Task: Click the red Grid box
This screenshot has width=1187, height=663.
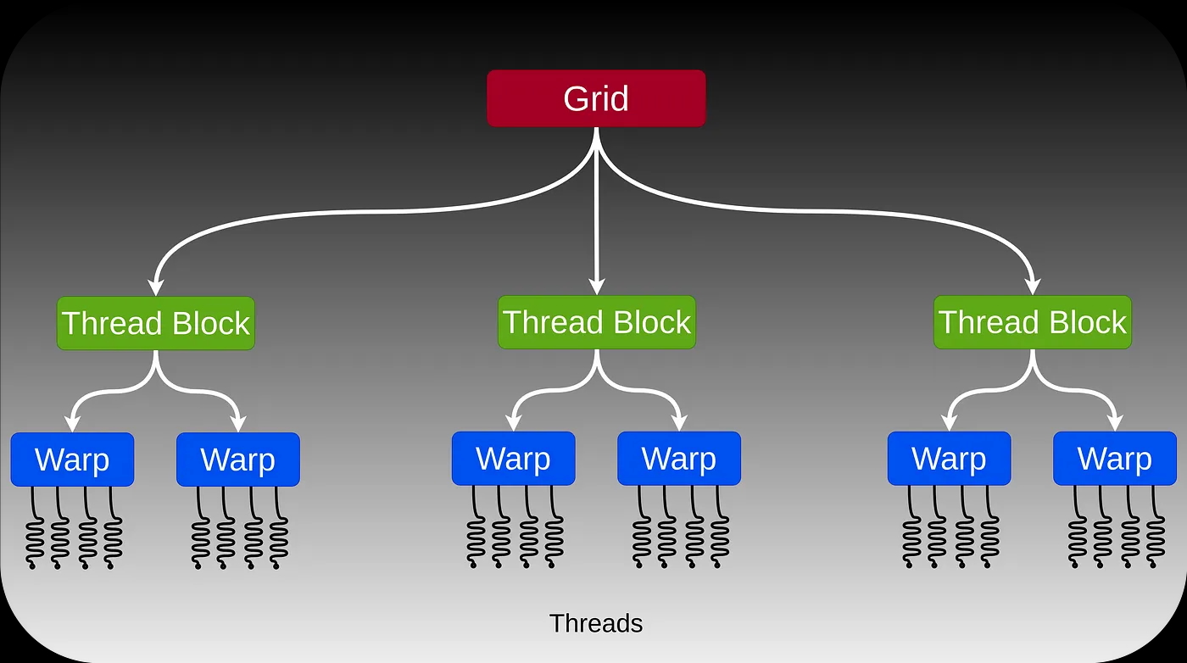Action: pyautogui.click(x=596, y=98)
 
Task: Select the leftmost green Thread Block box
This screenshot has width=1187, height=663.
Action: pyautogui.click(x=156, y=323)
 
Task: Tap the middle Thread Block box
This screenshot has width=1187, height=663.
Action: pyautogui.click(x=597, y=322)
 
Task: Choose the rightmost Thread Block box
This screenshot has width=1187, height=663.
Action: pyautogui.click(x=1033, y=322)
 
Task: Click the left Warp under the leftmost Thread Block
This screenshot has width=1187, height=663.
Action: pyautogui.click(x=72, y=460)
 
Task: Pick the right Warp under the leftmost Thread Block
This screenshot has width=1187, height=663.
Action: pyautogui.click(x=238, y=460)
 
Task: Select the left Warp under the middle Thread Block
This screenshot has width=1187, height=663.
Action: pyautogui.click(x=513, y=459)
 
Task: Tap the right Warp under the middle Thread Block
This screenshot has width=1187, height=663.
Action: pyautogui.click(x=679, y=459)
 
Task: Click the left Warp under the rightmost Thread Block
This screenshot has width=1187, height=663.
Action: pyautogui.click(x=949, y=459)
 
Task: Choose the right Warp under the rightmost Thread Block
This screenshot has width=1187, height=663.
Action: pyautogui.click(x=1115, y=459)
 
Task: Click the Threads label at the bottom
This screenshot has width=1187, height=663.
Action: pyautogui.click(x=596, y=624)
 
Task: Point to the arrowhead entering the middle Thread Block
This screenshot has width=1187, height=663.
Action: pyautogui.click(x=597, y=286)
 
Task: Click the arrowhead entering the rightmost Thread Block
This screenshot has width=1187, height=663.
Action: pyautogui.click(x=1033, y=286)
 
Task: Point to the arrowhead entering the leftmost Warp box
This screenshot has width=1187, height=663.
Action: pyautogui.click(x=72, y=423)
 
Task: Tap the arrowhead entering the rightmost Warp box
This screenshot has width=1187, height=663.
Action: pyautogui.click(x=1115, y=422)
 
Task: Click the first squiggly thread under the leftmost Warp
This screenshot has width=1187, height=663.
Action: pyautogui.click(x=34, y=530)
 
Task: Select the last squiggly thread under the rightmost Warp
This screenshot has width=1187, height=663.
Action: pyautogui.click(x=1155, y=530)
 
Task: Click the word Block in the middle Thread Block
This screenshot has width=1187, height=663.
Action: pyautogui.click(x=652, y=322)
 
